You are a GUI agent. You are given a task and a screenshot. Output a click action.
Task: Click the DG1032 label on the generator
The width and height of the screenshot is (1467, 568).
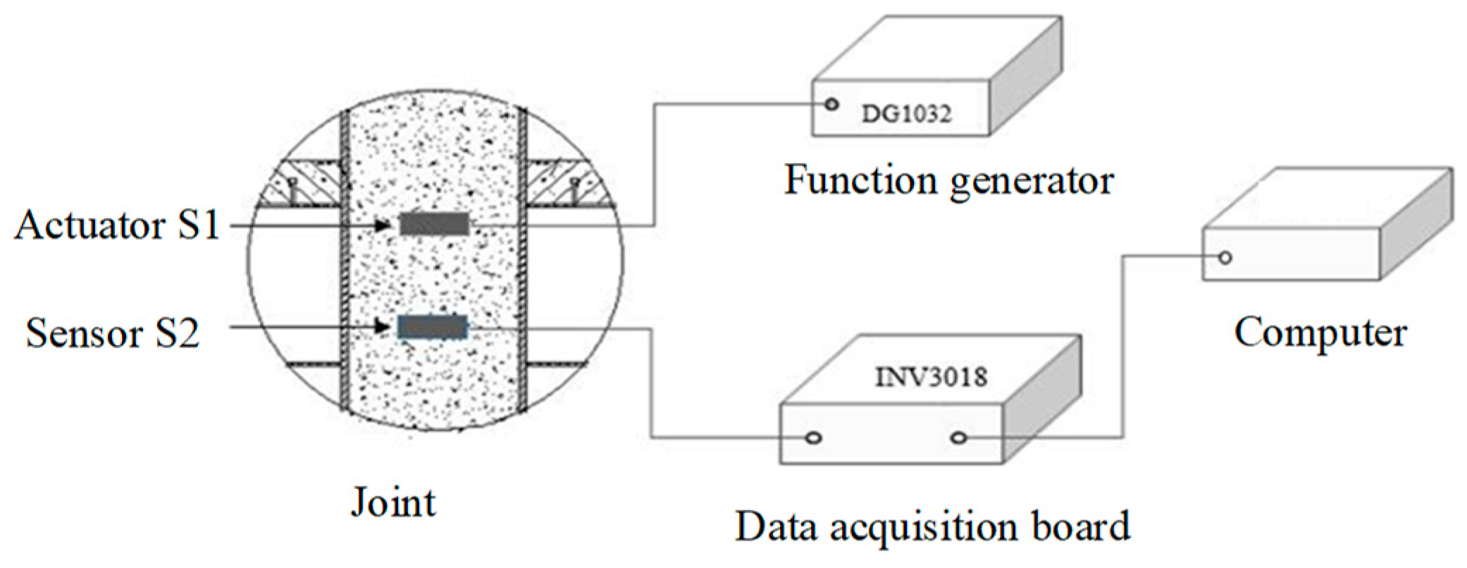point(906,113)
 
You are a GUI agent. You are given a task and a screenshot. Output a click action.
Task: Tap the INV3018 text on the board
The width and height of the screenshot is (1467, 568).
point(931,377)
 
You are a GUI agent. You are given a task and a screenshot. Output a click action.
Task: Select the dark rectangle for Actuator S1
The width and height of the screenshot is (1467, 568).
point(434,224)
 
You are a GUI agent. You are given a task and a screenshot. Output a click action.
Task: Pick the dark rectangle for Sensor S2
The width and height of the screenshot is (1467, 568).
point(432,327)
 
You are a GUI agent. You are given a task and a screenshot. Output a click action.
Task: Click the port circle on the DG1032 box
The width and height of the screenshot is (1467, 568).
point(832,104)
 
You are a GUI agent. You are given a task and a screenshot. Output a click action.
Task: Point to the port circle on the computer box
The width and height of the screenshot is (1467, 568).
point(1225,257)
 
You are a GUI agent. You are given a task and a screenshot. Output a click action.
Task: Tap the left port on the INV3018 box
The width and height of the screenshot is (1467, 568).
point(813,438)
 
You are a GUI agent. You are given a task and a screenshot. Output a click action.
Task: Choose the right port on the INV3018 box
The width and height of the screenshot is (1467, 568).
point(958,438)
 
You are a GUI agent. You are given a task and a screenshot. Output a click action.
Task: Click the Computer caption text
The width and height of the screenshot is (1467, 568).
point(1320,333)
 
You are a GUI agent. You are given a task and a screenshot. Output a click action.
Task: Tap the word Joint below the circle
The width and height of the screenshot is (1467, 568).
point(393,503)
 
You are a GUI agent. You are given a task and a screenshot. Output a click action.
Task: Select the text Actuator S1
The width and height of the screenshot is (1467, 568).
point(118,226)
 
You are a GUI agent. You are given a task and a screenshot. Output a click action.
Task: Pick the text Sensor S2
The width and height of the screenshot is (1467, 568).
point(113,333)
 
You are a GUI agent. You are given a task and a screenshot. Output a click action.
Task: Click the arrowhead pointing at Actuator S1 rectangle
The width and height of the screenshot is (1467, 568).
point(383,225)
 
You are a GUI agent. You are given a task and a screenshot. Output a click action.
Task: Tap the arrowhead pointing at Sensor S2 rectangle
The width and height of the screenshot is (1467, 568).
point(383,327)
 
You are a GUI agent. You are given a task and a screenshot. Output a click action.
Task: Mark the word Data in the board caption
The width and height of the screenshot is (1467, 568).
point(776,526)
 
